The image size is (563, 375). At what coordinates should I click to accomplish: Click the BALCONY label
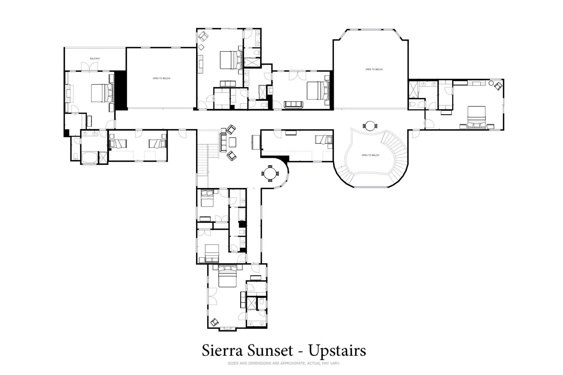(95, 59)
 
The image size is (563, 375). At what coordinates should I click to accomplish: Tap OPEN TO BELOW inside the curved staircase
(370, 155)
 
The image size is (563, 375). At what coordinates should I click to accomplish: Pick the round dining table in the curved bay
(270, 173)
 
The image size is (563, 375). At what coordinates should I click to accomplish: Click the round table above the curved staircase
(370, 126)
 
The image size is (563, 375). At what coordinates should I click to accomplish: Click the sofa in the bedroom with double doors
(293, 104)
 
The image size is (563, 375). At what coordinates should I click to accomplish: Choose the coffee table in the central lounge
(233, 142)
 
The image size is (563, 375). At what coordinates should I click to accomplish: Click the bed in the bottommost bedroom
(227, 276)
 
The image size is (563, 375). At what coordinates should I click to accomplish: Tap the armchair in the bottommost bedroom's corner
(214, 322)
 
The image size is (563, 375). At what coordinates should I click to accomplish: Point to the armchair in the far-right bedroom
(498, 86)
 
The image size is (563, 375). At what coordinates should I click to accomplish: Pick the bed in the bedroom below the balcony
(102, 93)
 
